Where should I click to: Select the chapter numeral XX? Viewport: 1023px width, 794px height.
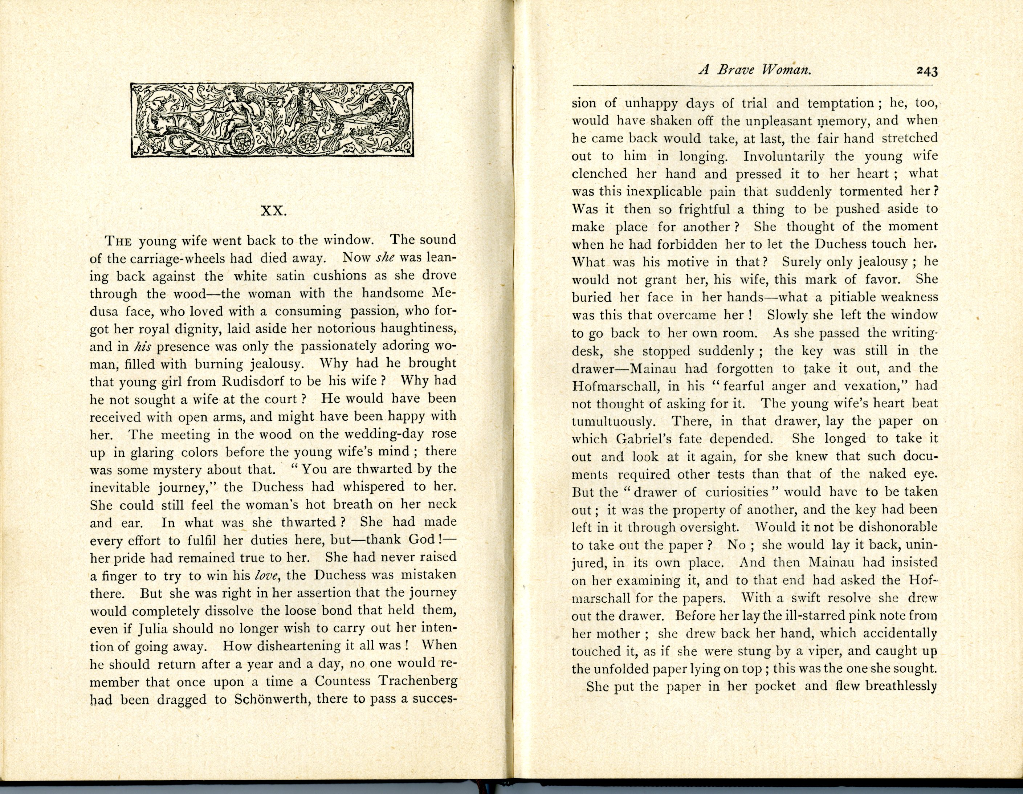pos(274,211)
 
